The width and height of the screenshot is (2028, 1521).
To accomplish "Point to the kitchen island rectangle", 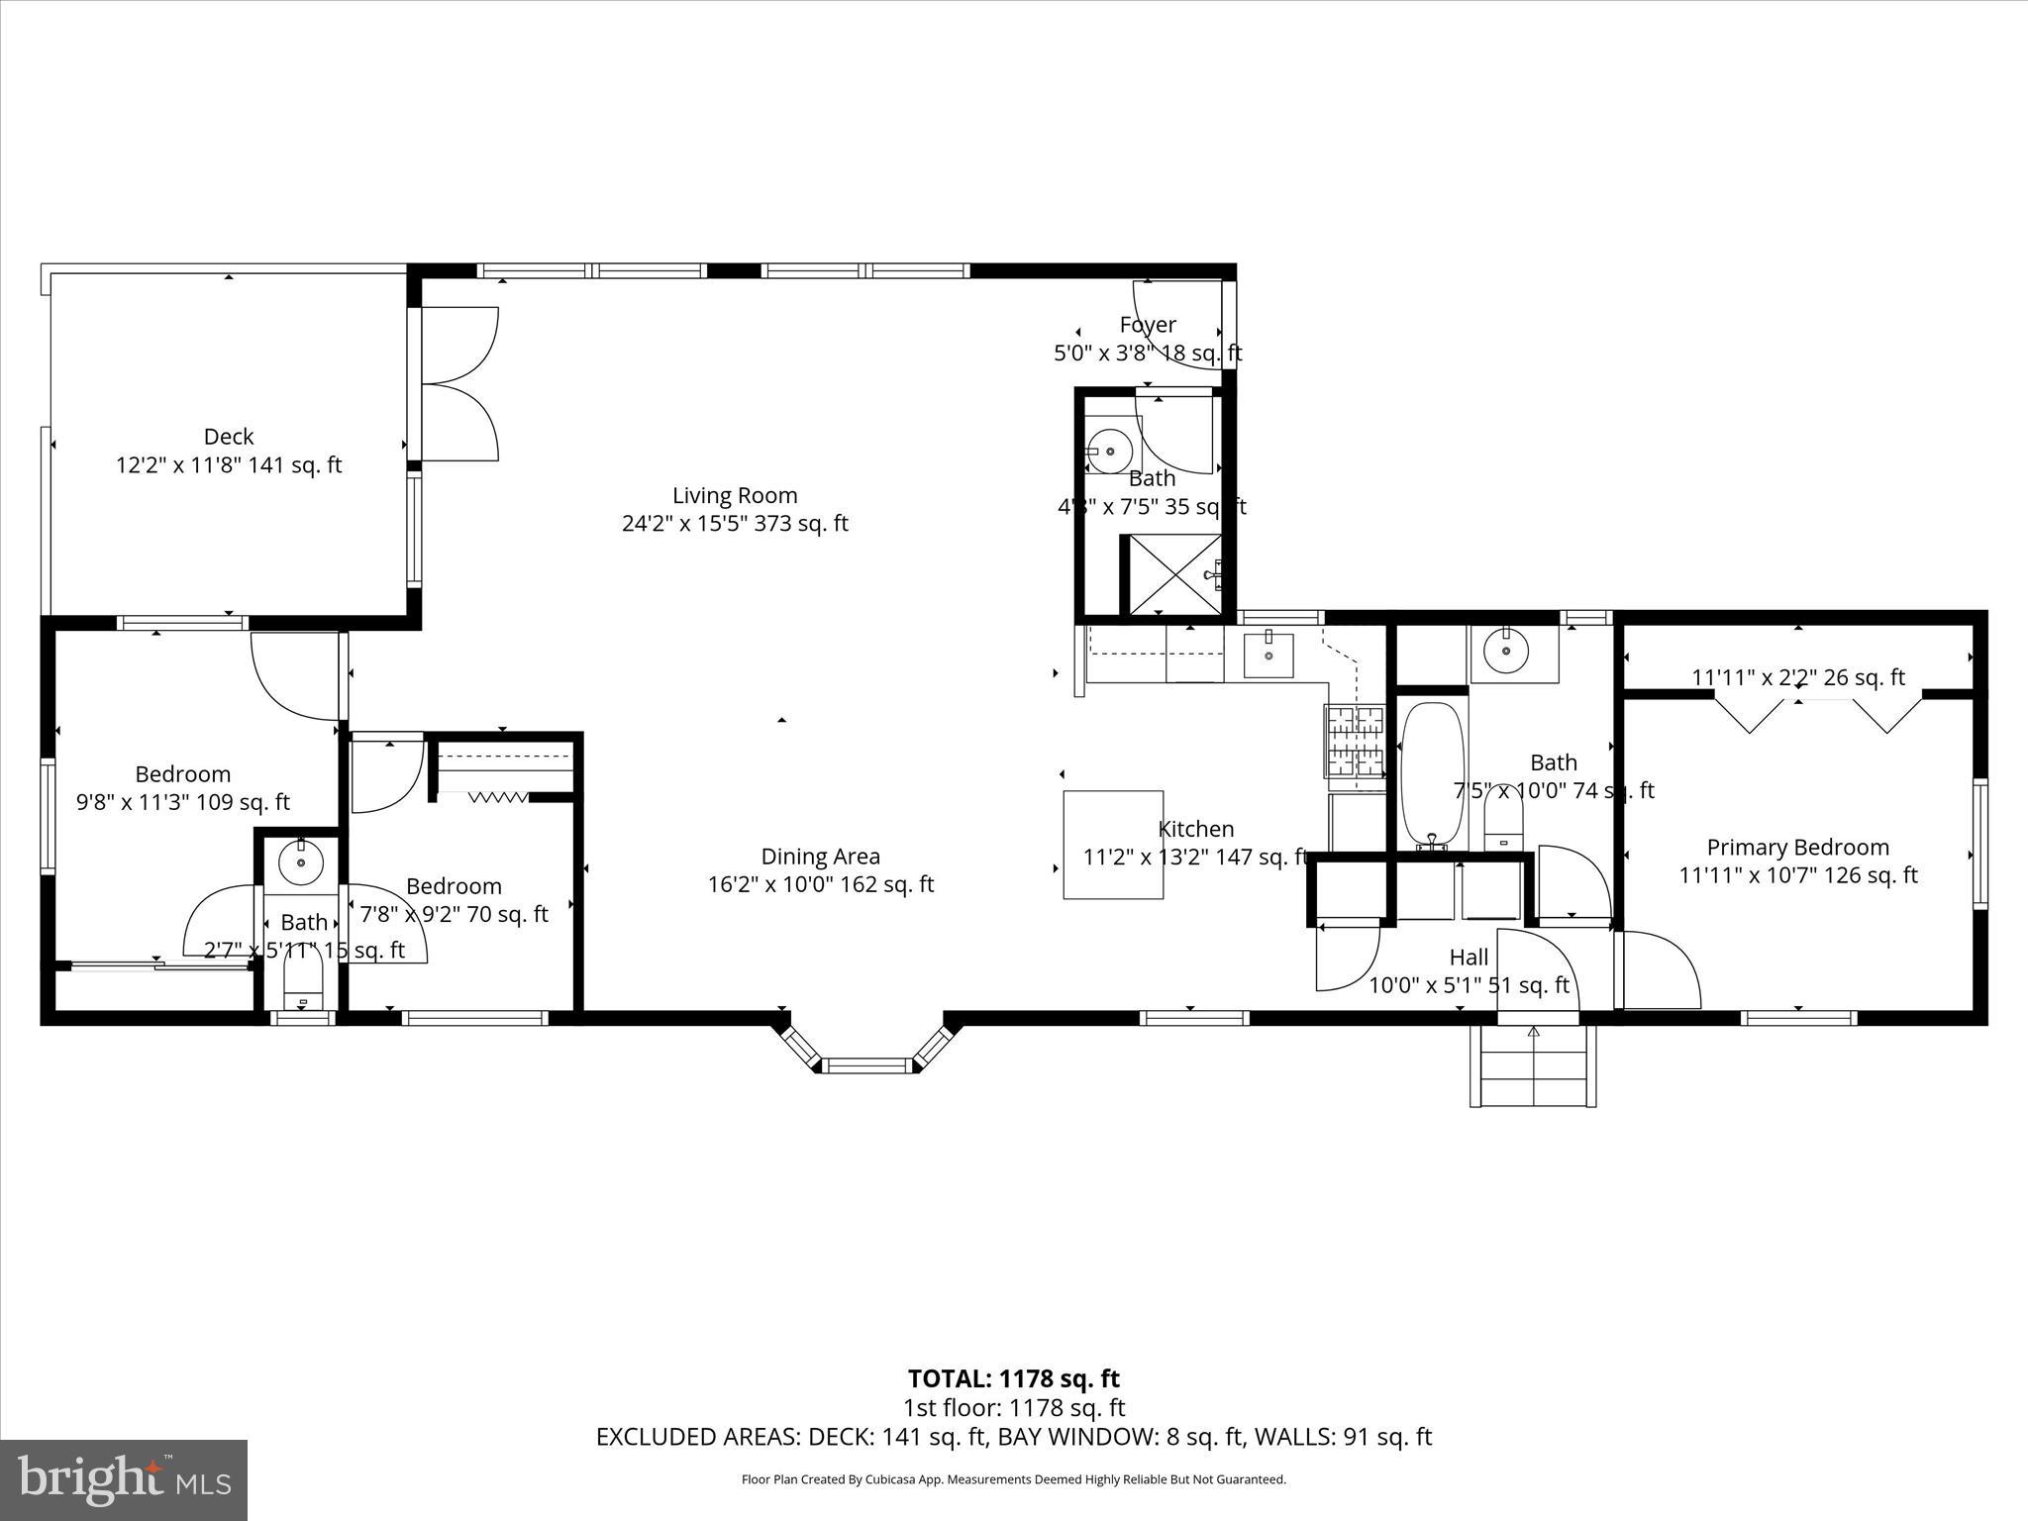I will point(1112,844).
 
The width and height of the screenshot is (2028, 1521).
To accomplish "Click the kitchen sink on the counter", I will point(1268,655).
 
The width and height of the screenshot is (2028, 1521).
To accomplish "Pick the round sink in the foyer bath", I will point(1109,452).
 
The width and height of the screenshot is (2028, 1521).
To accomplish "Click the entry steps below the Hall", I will point(1533,1065).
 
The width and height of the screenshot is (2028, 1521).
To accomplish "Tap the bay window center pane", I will point(867,1065).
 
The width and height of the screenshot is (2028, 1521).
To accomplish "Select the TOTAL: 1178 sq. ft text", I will point(1013,1378).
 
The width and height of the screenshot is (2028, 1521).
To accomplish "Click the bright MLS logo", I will point(124,1479).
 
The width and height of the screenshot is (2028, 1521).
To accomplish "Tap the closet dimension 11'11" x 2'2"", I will point(1797,677).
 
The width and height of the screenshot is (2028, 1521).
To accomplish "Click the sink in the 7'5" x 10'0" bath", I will point(1505,652).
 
